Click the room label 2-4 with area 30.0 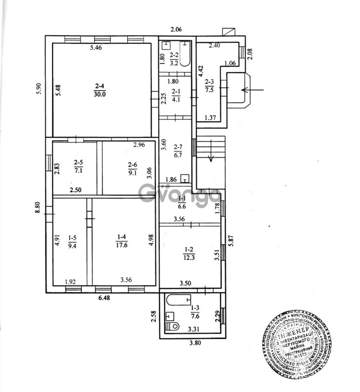pos(100,89)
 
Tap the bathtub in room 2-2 pos(186,53)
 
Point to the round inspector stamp pos(296,344)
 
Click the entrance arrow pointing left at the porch pos(253,89)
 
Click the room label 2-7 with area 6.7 pos(177,152)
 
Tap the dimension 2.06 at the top pos(176,29)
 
